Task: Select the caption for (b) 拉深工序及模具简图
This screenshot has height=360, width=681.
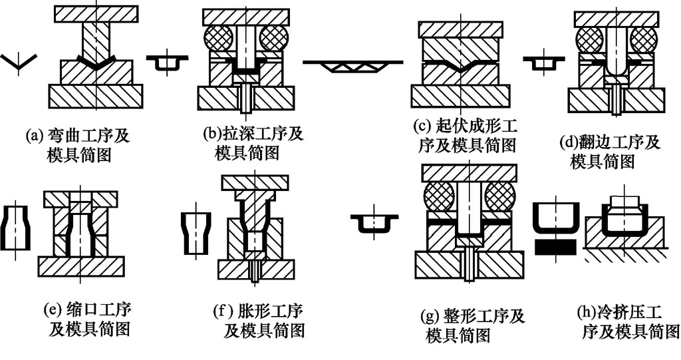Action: coord(252,142)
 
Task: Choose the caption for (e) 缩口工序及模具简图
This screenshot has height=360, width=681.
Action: coord(87,319)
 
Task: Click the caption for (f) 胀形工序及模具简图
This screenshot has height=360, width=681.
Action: coord(262,319)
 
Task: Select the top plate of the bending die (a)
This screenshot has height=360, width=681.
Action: coord(96,13)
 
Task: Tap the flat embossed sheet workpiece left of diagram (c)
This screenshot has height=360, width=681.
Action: coord(352,64)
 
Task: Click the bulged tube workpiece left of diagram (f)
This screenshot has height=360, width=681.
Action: coord(195,232)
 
